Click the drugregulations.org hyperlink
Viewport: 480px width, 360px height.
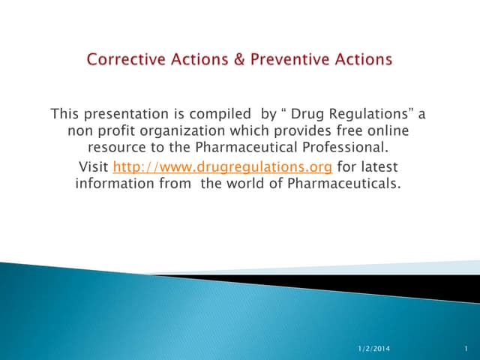(x=223, y=166)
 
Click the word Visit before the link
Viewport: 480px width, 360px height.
(x=94, y=166)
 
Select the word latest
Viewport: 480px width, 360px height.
(x=379, y=166)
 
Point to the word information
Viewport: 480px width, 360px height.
(x=114, y=184)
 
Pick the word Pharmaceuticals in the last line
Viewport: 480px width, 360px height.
(x=342, y=184)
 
